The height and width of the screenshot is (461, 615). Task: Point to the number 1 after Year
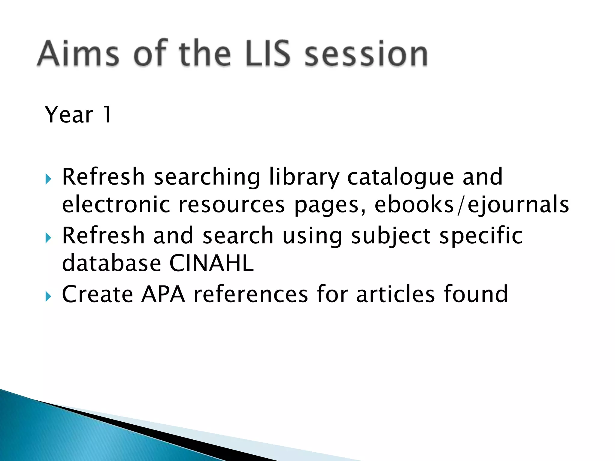click(107, 115)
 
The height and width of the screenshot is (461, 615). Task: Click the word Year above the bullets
click(69, 115)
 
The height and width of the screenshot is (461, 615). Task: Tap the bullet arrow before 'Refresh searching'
click(48, 179)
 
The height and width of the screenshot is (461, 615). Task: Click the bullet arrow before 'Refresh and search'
click(48, 238)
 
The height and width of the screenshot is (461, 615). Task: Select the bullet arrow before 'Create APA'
click(48, 297)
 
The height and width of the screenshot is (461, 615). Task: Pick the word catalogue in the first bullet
click(400, 177)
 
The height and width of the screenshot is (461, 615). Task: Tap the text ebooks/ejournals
click(471, 205)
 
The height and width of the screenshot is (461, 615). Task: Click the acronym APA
click(163, 294)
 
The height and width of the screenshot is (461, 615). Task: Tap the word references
click(251, 294)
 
